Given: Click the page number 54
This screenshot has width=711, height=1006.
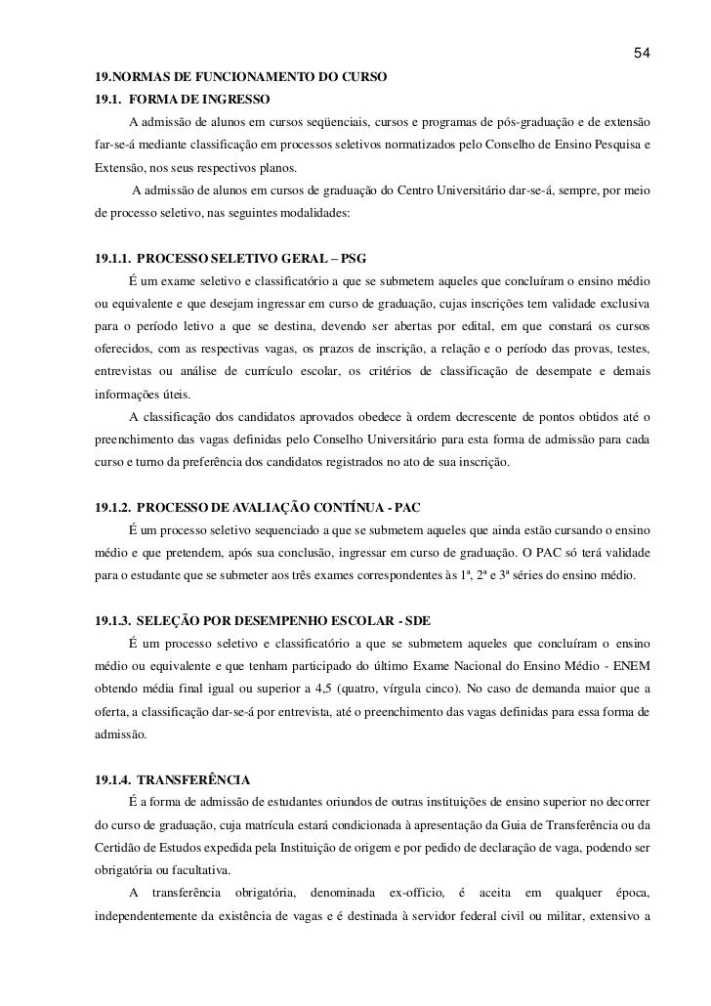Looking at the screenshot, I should click(x=642, y=52).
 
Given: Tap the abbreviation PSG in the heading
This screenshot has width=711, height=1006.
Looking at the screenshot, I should click(x=348, y=261).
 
